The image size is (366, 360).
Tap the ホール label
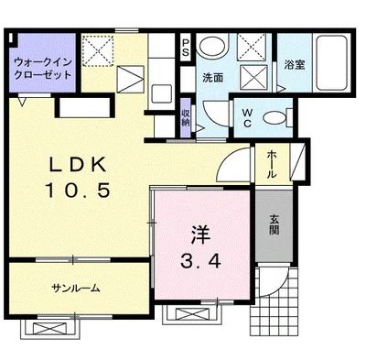274,166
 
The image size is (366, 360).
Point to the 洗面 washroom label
213,77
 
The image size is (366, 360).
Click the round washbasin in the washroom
212,47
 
